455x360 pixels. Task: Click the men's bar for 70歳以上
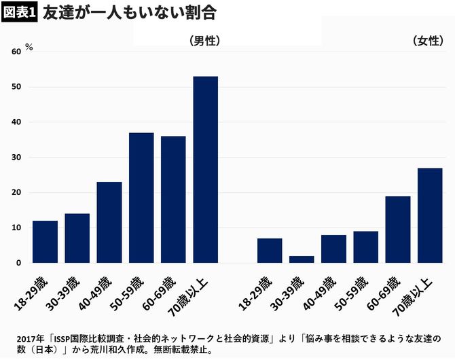(206, 170)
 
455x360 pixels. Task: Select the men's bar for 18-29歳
(45, 242)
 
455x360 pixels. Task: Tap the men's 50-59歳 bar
(141, 198)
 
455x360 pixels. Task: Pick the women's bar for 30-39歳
(302, 259)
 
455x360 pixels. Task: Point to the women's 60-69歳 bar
(398, 230)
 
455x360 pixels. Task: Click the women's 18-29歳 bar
(270, 251)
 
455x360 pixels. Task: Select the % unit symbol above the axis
(29, 46)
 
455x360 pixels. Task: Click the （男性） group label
(205, 41)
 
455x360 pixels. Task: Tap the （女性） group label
(428, 41)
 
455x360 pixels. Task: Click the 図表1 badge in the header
(18, 12)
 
